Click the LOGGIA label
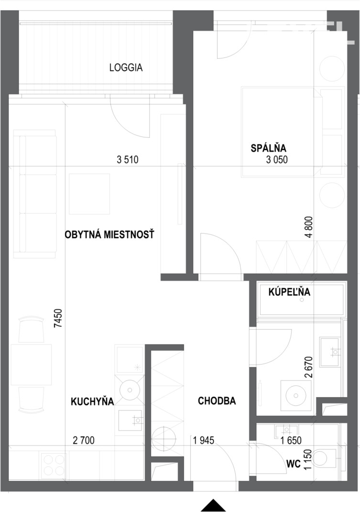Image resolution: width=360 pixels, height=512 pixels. (x=126, y=67)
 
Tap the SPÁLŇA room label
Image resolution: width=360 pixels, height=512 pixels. (x=268, y=148)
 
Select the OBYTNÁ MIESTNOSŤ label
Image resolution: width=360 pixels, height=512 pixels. (x=109, y=234)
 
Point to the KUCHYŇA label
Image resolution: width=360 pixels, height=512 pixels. (x=92, y=401)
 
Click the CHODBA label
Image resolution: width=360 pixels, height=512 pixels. (x=217, y=401)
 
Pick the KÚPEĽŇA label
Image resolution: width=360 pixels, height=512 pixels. (x=289, y=291)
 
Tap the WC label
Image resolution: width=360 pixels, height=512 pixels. (x=293, y=464)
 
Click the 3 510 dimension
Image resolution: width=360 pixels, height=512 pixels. (x=128, y=160)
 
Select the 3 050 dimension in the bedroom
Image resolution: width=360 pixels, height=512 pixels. (x=277, y=160)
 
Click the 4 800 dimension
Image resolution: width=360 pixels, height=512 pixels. (x=309, y=227)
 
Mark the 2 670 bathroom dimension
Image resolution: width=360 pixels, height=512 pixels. (x=308, y=367)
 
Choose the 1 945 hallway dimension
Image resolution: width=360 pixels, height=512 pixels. (x=204, y=441)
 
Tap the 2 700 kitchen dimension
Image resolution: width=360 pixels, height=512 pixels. (x=84, y=441)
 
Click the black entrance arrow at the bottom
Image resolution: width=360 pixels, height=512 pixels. (x=213, y=505)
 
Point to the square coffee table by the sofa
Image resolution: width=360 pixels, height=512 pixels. (x=89, y=194)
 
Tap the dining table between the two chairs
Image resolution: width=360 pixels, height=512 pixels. (x=32, y=365)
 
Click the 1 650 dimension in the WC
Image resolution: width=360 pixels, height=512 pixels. (x=291, y=441)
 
